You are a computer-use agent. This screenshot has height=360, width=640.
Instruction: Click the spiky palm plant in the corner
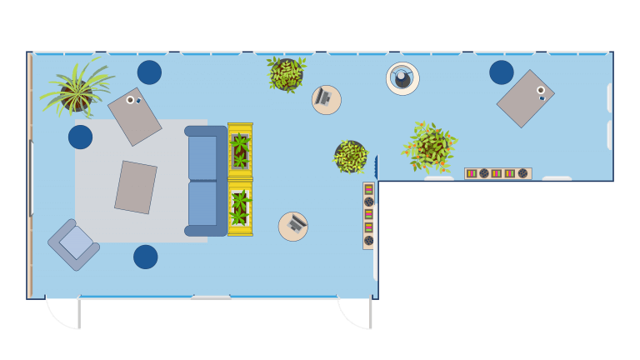tap(76, 89)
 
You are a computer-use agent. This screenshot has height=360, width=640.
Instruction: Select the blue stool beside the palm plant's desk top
tap(149, 72)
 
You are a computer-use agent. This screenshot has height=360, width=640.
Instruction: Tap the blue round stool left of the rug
tap(80, 137)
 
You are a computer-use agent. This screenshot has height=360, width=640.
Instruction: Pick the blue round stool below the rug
tap(145, 257)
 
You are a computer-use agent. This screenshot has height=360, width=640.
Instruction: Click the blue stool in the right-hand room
tap(501, 72)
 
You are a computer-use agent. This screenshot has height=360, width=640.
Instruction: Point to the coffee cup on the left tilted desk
tap(130, 100)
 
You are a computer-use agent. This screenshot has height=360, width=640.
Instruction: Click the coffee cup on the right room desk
tap(540, 90)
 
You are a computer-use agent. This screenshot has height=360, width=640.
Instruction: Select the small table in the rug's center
tap(135, 187)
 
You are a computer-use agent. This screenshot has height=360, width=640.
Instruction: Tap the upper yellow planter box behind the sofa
tap(240, 151)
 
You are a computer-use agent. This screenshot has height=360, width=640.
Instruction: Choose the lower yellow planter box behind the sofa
tap(240, 208)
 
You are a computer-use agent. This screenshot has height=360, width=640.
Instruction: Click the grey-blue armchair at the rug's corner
tap(74, 244)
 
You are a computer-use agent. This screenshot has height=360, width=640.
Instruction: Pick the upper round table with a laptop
tap(326, 100)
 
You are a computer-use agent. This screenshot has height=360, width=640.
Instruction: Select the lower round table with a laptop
tap(292, 227)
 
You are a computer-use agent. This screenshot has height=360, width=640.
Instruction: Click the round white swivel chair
tap(402, 78)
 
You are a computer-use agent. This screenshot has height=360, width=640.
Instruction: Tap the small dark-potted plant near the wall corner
tap(350, 157)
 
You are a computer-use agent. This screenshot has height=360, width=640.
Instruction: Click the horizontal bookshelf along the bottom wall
tap(497, 173)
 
